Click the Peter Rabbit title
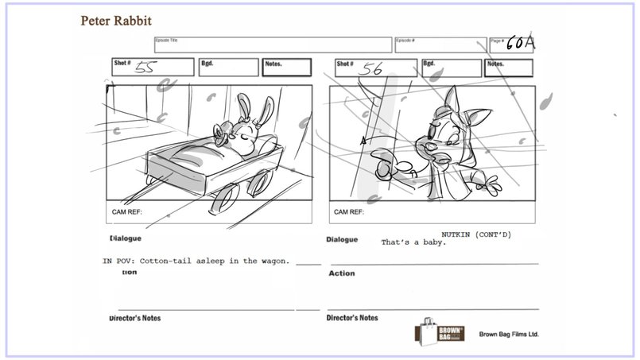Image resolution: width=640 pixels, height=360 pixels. (116, 20)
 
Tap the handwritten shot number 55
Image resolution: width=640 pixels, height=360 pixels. (145, 68)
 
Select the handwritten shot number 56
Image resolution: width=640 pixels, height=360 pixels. (371, 69)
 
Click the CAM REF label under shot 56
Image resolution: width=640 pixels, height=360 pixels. (349, 212)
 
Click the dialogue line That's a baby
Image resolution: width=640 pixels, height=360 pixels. (413, 242)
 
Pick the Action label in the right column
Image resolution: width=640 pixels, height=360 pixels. (342, 273)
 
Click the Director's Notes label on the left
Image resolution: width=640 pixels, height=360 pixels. (134, 318)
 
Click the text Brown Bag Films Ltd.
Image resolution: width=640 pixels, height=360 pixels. (509, 335)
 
